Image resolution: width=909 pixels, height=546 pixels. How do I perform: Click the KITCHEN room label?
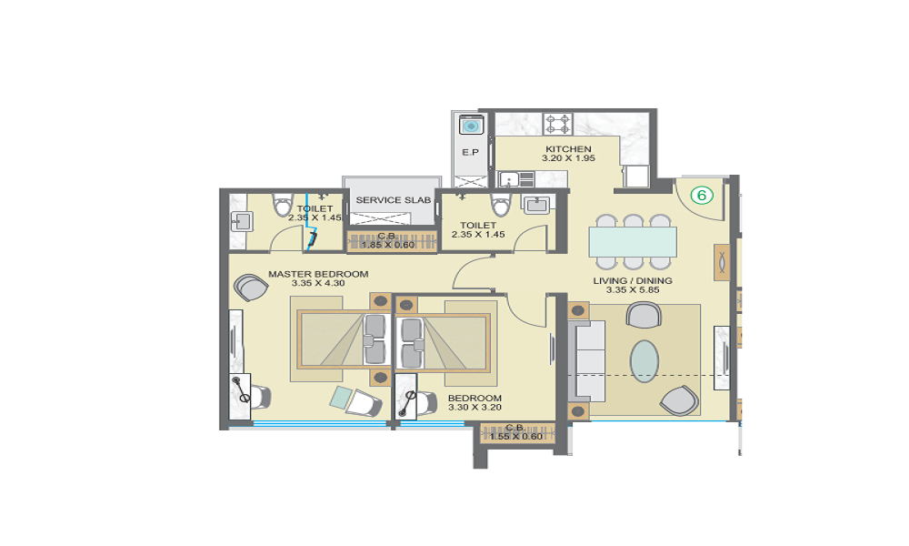(x=568, y=149)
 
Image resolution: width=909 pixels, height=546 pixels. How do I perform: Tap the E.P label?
(x=470, y=153)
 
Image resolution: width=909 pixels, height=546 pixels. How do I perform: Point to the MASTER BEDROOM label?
(x=318, y=274)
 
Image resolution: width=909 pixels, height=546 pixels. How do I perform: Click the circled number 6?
(x=702, y=194)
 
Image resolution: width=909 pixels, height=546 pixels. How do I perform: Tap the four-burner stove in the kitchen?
(x=557, y=123)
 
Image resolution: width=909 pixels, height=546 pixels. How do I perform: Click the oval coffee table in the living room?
(x=644, y=360)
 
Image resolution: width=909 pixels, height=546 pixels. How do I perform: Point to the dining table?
(x=633, y=242)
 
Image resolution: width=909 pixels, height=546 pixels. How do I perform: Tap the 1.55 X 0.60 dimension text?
(x=514, y=437)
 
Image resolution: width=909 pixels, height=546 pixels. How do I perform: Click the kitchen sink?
(x=507, y=179)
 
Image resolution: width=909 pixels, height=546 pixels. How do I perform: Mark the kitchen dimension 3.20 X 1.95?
(x=568, y=159)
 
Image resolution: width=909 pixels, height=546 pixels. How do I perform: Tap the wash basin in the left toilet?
(x=241, y=220)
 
